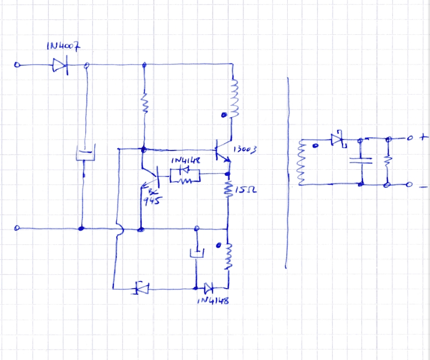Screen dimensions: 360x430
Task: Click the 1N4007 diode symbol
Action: [x=59, y=65]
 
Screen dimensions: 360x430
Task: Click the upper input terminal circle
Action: [x=17, y=65]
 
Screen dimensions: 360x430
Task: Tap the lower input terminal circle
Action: [x=17, y=228]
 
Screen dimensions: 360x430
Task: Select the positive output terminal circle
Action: [x=410, y=138]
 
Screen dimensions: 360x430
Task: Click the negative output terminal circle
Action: [x=410, y=184]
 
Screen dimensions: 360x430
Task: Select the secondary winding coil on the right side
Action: [x=302, y=162]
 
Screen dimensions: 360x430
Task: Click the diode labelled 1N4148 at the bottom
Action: [x=208, y=288]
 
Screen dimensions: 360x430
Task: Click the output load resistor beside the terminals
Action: [x=388, y=161]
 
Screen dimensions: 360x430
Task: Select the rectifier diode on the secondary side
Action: [x=336, y=139]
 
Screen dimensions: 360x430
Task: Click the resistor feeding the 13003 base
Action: [x=144, y=103]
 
